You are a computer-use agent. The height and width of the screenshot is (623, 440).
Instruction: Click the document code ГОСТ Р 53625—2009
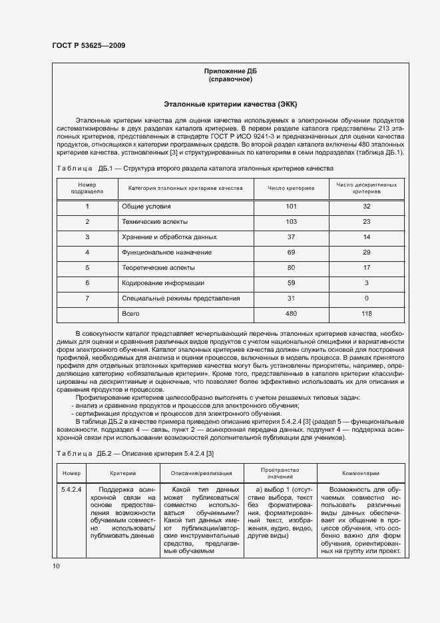coord(89,45)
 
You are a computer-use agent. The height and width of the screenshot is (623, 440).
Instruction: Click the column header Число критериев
coord(291,189)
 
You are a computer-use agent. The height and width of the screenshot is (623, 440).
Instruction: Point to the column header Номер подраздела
coord(87,189)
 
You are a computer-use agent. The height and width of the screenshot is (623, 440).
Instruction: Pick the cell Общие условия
coord(146,207)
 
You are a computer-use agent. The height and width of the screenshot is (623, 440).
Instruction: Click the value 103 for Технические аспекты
coord(291,222)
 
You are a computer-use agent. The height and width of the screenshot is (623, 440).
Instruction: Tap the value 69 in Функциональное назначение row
coord(291,253)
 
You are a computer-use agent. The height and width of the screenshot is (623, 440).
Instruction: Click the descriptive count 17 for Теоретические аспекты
coord(366,268)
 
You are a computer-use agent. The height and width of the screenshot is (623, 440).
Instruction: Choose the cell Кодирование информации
coord(162,283)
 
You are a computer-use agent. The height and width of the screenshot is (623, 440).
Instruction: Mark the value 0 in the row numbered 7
coord(366,299)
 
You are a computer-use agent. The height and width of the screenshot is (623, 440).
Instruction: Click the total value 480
coord(291,313)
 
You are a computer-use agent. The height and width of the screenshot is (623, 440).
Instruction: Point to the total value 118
coord(366,313)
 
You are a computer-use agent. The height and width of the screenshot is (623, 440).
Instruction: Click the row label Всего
coord(130,313)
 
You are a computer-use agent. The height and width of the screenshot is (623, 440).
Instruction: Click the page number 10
coord(56,566)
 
